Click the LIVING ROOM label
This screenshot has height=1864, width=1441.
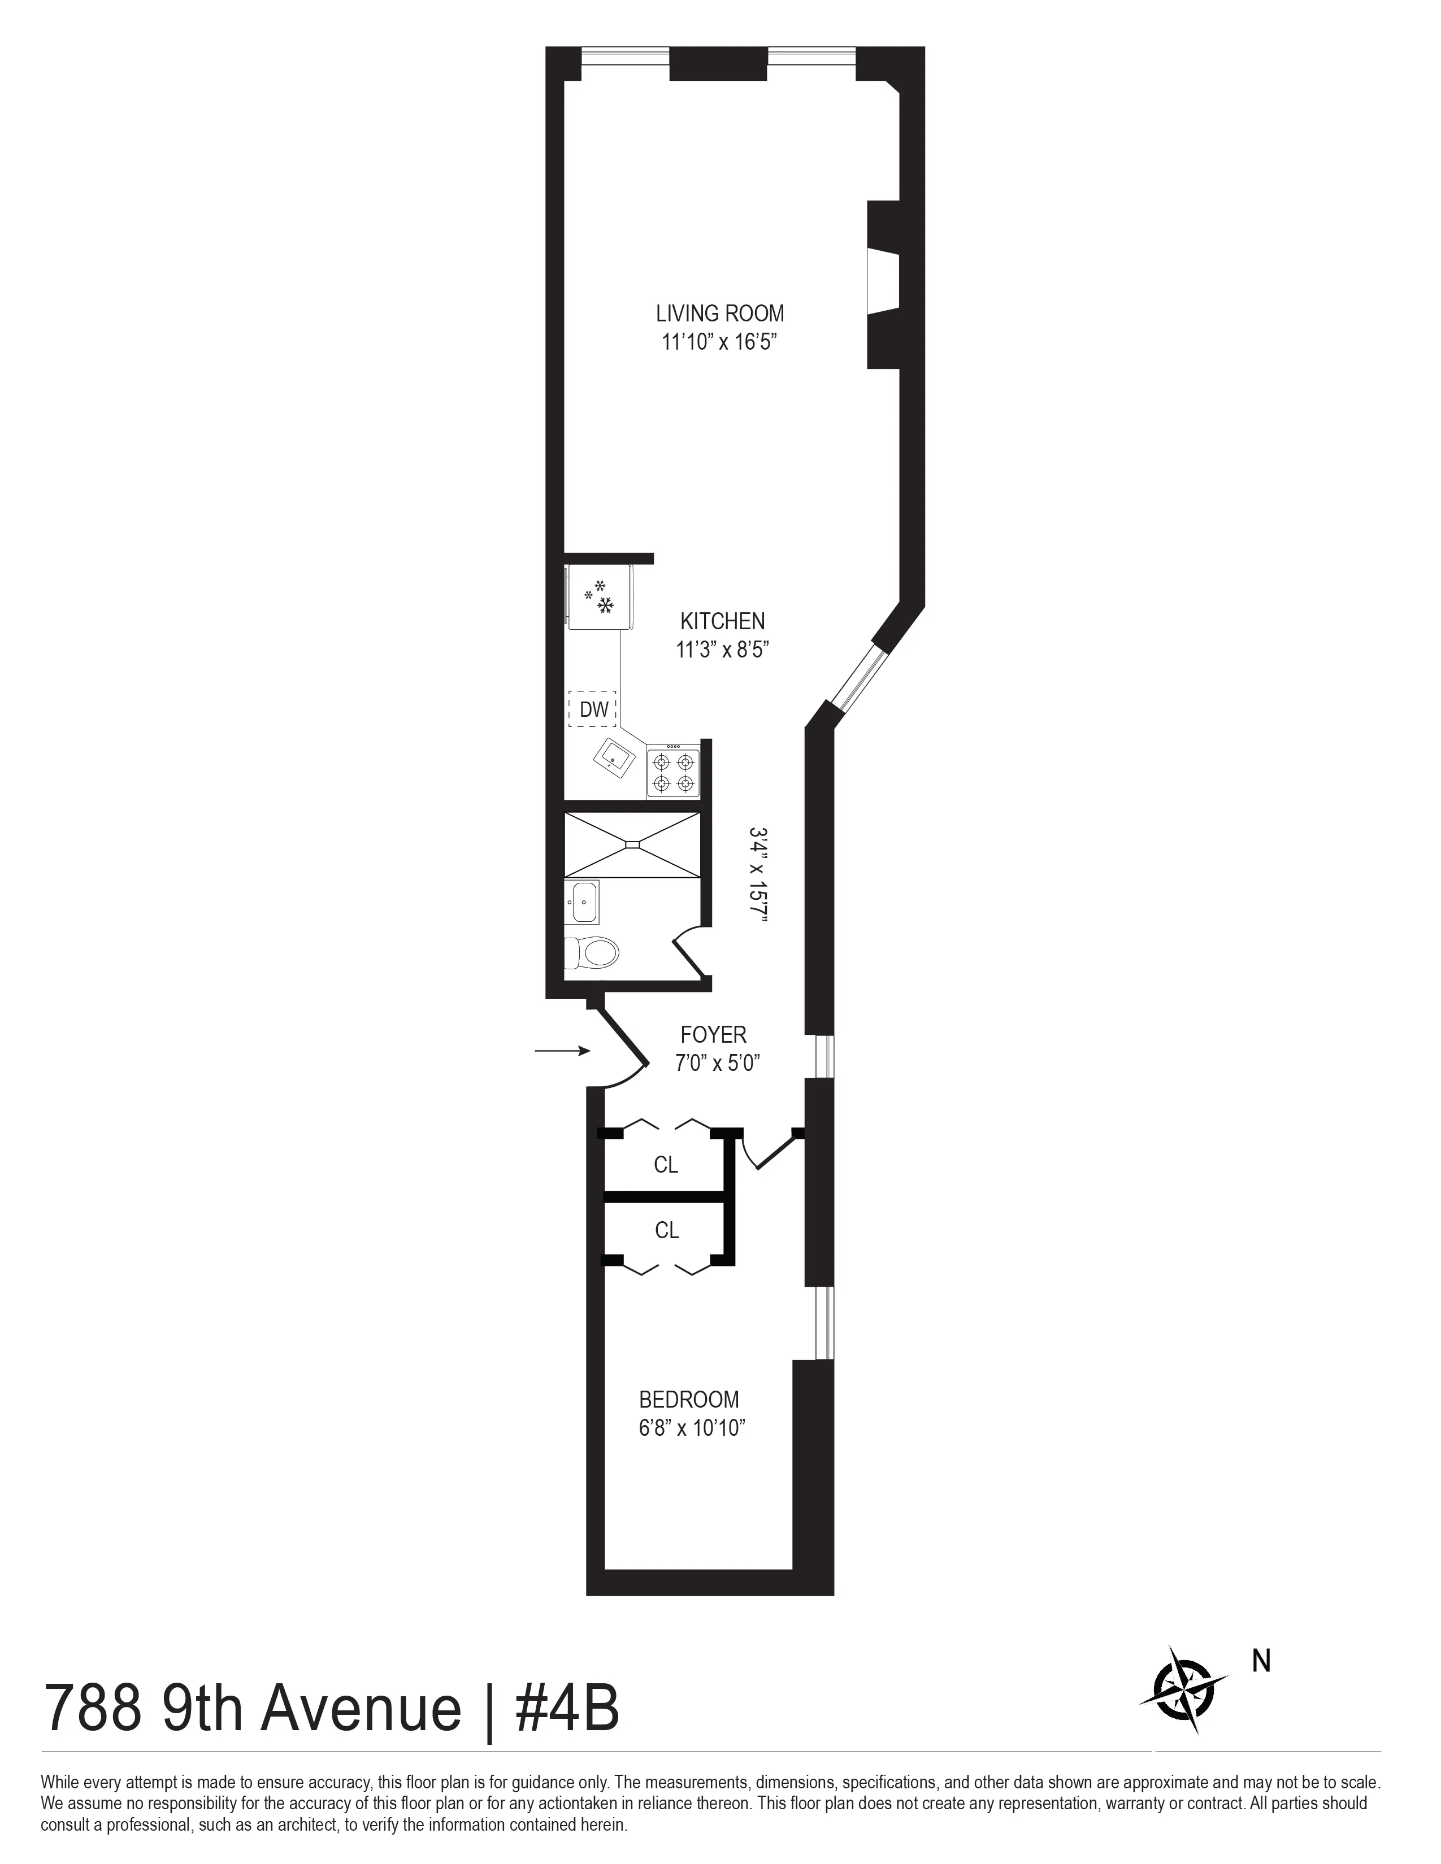click(x=719, y=313)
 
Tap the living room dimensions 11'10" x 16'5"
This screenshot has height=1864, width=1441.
click(x=719, y=342)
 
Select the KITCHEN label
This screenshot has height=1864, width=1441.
click(x=722, y=621)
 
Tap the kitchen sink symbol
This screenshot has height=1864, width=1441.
click(x=615, y=755)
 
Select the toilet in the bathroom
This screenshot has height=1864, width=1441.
click(x=592, y=952)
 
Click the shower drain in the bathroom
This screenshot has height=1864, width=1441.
click(x=632, y=844)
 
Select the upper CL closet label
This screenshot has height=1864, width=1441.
click(x=666, y=1165)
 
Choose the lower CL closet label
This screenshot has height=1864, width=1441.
click(x=667, y=1230)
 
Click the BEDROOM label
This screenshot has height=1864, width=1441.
click(x=689, y=1400)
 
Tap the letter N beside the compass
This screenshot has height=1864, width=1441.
click(x=1261, y=1662)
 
